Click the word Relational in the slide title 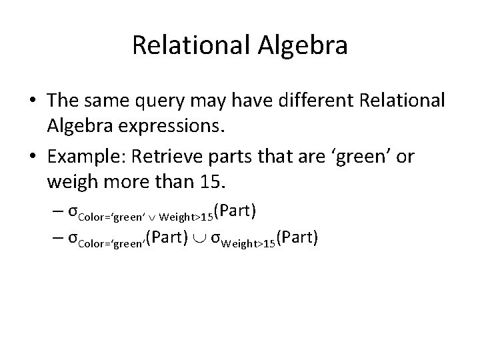[x=189, y=46]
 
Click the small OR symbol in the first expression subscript [x=153, y=216]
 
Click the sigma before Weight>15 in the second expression [x=215, y=239]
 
